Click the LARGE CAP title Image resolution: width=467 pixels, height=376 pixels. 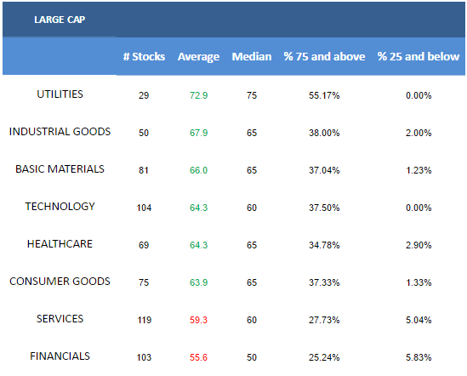pos(60,20)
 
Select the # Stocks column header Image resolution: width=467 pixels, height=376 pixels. pos(144,57)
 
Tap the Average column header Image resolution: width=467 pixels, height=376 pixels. pos(198,57)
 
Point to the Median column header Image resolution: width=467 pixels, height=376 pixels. pos(252,57)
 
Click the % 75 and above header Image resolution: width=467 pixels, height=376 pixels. pos(324,57)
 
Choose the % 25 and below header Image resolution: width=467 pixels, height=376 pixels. pos(419,57)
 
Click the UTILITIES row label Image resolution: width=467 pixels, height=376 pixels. pos(60,94)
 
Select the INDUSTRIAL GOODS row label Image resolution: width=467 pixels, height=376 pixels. pos(60,132)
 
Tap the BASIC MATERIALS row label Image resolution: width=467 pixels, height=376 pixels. pos(60,169)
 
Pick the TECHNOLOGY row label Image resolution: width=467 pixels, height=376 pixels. pos(60,207)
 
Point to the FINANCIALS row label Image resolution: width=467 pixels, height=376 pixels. pos(60,356)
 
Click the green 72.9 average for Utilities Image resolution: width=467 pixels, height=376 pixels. pos(199,95)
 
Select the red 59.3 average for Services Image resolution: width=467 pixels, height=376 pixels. pos(199,320)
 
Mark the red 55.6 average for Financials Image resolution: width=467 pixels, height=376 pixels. pos(199,357)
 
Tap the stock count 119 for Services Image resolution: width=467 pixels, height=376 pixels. pos(144,320)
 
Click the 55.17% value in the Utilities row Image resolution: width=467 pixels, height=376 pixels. pos(324,95)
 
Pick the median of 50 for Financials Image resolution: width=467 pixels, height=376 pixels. pos(252,357)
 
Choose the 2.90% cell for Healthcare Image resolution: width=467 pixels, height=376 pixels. pos(419,245)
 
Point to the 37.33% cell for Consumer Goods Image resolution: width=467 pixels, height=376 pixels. pos(324,282)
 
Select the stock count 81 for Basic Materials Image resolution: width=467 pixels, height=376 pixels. pos(144,170)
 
